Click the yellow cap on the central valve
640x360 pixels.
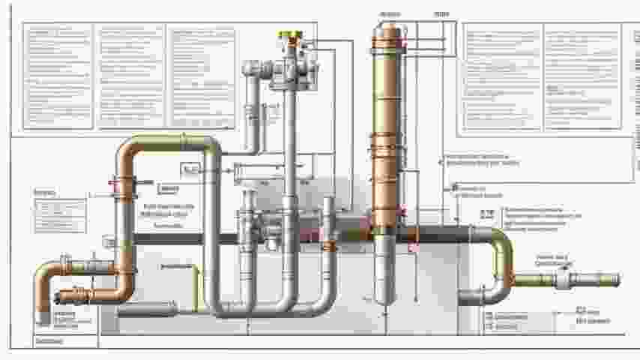click(x=289, y=36)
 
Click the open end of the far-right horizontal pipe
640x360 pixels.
click(x=617, y=280)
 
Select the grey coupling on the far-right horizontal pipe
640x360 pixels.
click(x=564, y=280)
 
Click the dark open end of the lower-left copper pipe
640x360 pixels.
click(x=63, y=296)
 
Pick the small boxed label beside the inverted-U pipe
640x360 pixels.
click(x=190, y=170)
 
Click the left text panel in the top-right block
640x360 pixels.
click(x=502, y=76)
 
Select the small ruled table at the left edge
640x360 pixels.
click(x=60, y=215)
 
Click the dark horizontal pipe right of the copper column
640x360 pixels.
click(x=442, y=235)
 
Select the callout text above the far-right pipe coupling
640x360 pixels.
click(x=553, y=260)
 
